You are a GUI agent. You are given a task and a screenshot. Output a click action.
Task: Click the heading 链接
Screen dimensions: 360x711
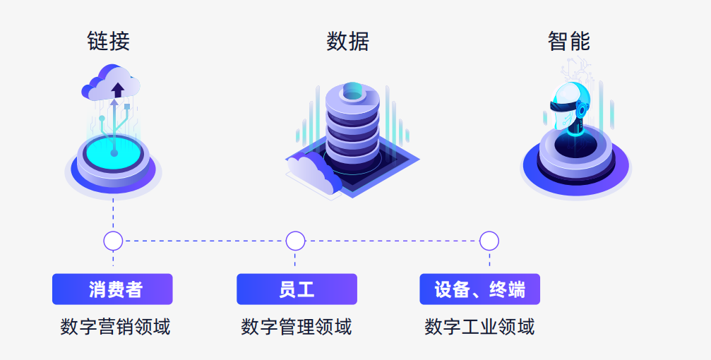(x=109, y=41)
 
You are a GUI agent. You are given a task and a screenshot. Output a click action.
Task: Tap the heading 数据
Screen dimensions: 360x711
(x=347, y=41)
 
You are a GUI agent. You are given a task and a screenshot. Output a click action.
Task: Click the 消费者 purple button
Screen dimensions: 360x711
(x=112, y=289)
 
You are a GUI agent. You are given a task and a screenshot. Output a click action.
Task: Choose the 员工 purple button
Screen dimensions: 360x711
(x=297, y=289)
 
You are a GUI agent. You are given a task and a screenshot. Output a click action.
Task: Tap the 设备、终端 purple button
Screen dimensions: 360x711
(x=479, y=289)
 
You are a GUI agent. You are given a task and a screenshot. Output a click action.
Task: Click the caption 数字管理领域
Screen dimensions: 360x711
(x=297, y=327)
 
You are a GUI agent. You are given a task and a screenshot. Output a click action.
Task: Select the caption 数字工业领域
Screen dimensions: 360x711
(x=479, y=327)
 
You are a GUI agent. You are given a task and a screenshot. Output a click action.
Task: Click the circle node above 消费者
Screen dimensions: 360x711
(x=113, y=241)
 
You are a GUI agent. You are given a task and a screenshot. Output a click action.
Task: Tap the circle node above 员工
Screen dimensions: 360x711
(x=296, y=241)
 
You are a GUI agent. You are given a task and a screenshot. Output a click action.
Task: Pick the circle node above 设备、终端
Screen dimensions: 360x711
(x=489, y=241)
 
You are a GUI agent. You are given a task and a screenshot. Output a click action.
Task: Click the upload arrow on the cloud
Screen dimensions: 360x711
(x=117, y=89)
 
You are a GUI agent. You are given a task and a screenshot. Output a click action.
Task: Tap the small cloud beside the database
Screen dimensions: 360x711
(x=311, y=174)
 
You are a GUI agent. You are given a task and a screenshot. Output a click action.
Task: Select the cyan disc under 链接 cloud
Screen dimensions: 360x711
(x=114, y=151)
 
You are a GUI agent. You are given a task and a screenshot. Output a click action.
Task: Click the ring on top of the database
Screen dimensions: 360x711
(x=352, y=93)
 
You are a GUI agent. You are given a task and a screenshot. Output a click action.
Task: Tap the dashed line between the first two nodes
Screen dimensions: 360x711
(x=205, y=241)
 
